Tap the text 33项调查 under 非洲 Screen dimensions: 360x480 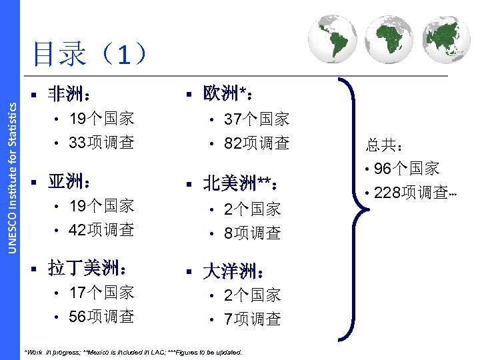(102, 142)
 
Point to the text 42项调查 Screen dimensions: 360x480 (102, 229)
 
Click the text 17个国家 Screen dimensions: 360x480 (102, 293)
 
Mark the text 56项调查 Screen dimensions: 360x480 (102, 316)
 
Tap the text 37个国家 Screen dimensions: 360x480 (257, 120)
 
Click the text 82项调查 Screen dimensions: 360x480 (257, 143)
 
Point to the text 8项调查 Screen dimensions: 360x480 (253, 233)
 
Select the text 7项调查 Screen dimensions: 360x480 (253, 319)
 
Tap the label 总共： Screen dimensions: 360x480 (382, 145)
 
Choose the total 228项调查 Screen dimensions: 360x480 (409, 192)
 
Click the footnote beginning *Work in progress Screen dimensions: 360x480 (133, 352)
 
